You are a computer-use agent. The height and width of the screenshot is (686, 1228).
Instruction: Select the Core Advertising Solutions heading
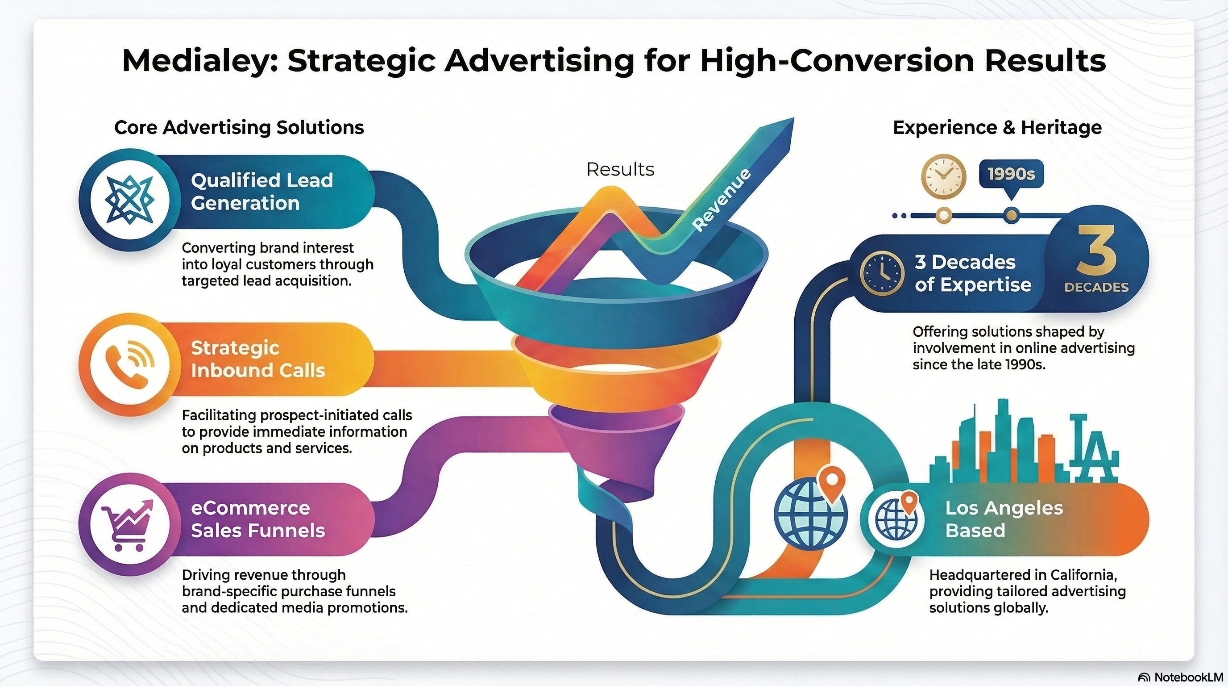[x=239, y=127]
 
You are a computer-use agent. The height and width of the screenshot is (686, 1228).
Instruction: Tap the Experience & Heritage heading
[x=997, y=127]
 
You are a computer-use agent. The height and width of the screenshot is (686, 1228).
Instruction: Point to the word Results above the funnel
[x=620, y=169]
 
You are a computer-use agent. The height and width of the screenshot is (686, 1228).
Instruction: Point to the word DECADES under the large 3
[x=1096, y=287]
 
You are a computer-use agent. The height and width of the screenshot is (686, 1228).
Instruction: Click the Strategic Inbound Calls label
[x=258, y=359]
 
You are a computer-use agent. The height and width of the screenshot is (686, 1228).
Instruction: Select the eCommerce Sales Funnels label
[x=258, y=519]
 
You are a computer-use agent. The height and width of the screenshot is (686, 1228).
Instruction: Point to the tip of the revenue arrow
[x=794, y=118]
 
